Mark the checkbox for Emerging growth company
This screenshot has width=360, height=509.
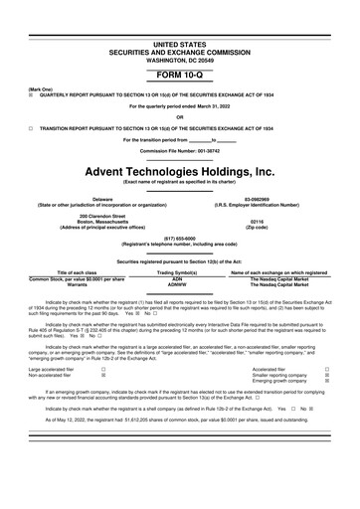(x=327, y=381)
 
